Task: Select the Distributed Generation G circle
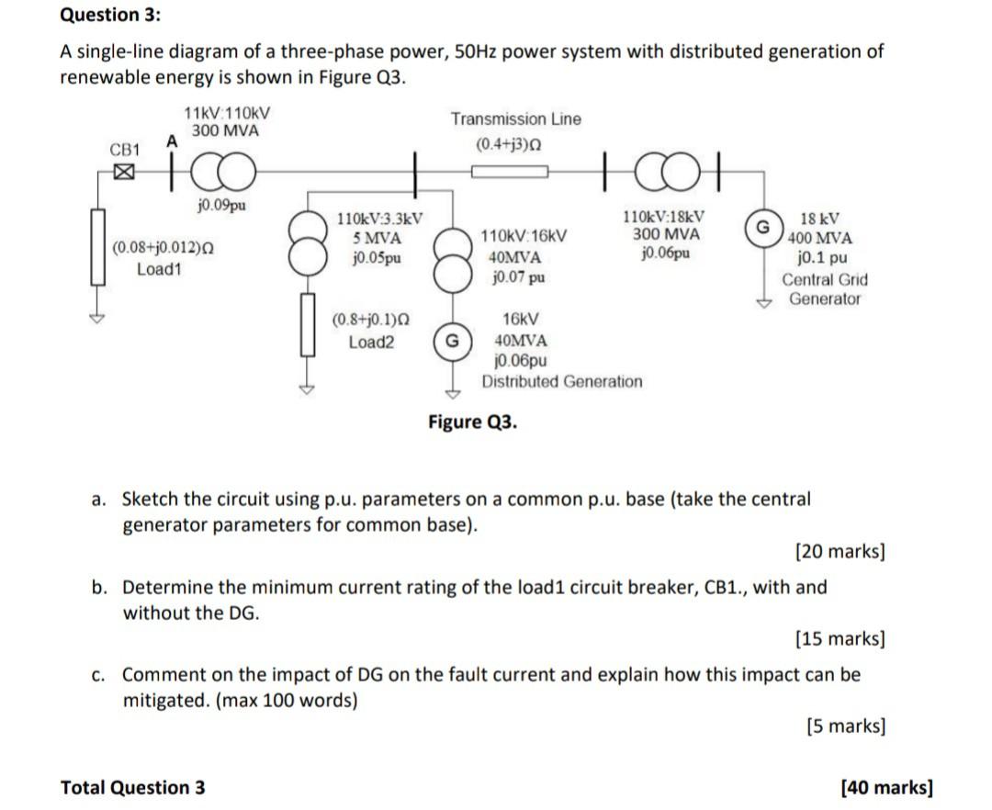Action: (x=451, y=341)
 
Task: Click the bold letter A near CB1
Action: (x=170, y=140)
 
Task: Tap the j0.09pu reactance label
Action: (x=221, y=205)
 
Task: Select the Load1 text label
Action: (x=160, y=269)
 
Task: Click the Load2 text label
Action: (x=371, y=342)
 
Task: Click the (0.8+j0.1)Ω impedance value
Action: (x=371, y=321)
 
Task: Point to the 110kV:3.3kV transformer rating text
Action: (x=379, y=219)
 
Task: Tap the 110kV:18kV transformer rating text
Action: (x=664, y=218)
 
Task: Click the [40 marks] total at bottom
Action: (x=886, y=787)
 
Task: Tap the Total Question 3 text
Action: (x=133, y=787)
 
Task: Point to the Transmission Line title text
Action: (x=515, y=119)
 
